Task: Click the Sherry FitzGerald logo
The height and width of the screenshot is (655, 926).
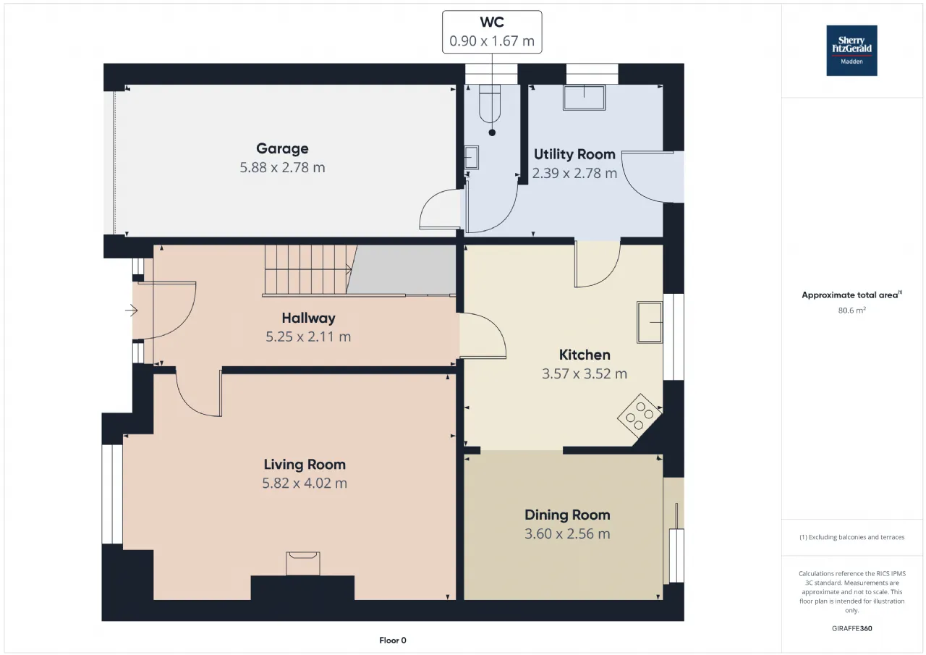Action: (x=851, y=51)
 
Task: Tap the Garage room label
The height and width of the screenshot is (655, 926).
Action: (x=282, y=148)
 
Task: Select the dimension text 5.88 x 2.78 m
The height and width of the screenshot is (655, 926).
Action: (x=282, y=167)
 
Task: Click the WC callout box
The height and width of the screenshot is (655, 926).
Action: (x=492, y=32)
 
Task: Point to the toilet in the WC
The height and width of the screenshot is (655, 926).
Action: (x=490, y=103)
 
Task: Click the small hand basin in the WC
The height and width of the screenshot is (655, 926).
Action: (x=471, y=157)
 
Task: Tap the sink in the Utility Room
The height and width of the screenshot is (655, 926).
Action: (x=584, y=98)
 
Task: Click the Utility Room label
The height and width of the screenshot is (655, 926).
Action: (x=574, y=154)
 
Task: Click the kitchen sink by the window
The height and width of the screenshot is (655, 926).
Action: (x=650, y=322)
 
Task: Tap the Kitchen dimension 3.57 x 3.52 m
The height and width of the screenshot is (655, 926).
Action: (x=585, y=373)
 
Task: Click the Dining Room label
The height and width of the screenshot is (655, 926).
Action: (x=567, y=515)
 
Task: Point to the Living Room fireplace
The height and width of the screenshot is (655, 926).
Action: (x=303, y=563)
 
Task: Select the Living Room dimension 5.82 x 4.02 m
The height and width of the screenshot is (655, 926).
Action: (x=305, y=483)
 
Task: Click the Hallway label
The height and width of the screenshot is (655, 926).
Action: (x=308, y=318)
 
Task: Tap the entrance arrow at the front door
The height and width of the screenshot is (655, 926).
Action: (x=132, y=310)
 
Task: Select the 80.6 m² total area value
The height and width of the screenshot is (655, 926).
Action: (x=851, y=310)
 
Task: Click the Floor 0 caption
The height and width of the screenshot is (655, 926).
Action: (x=393, y=640)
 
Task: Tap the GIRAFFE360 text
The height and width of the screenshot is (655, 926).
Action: (x=852, y=628)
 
